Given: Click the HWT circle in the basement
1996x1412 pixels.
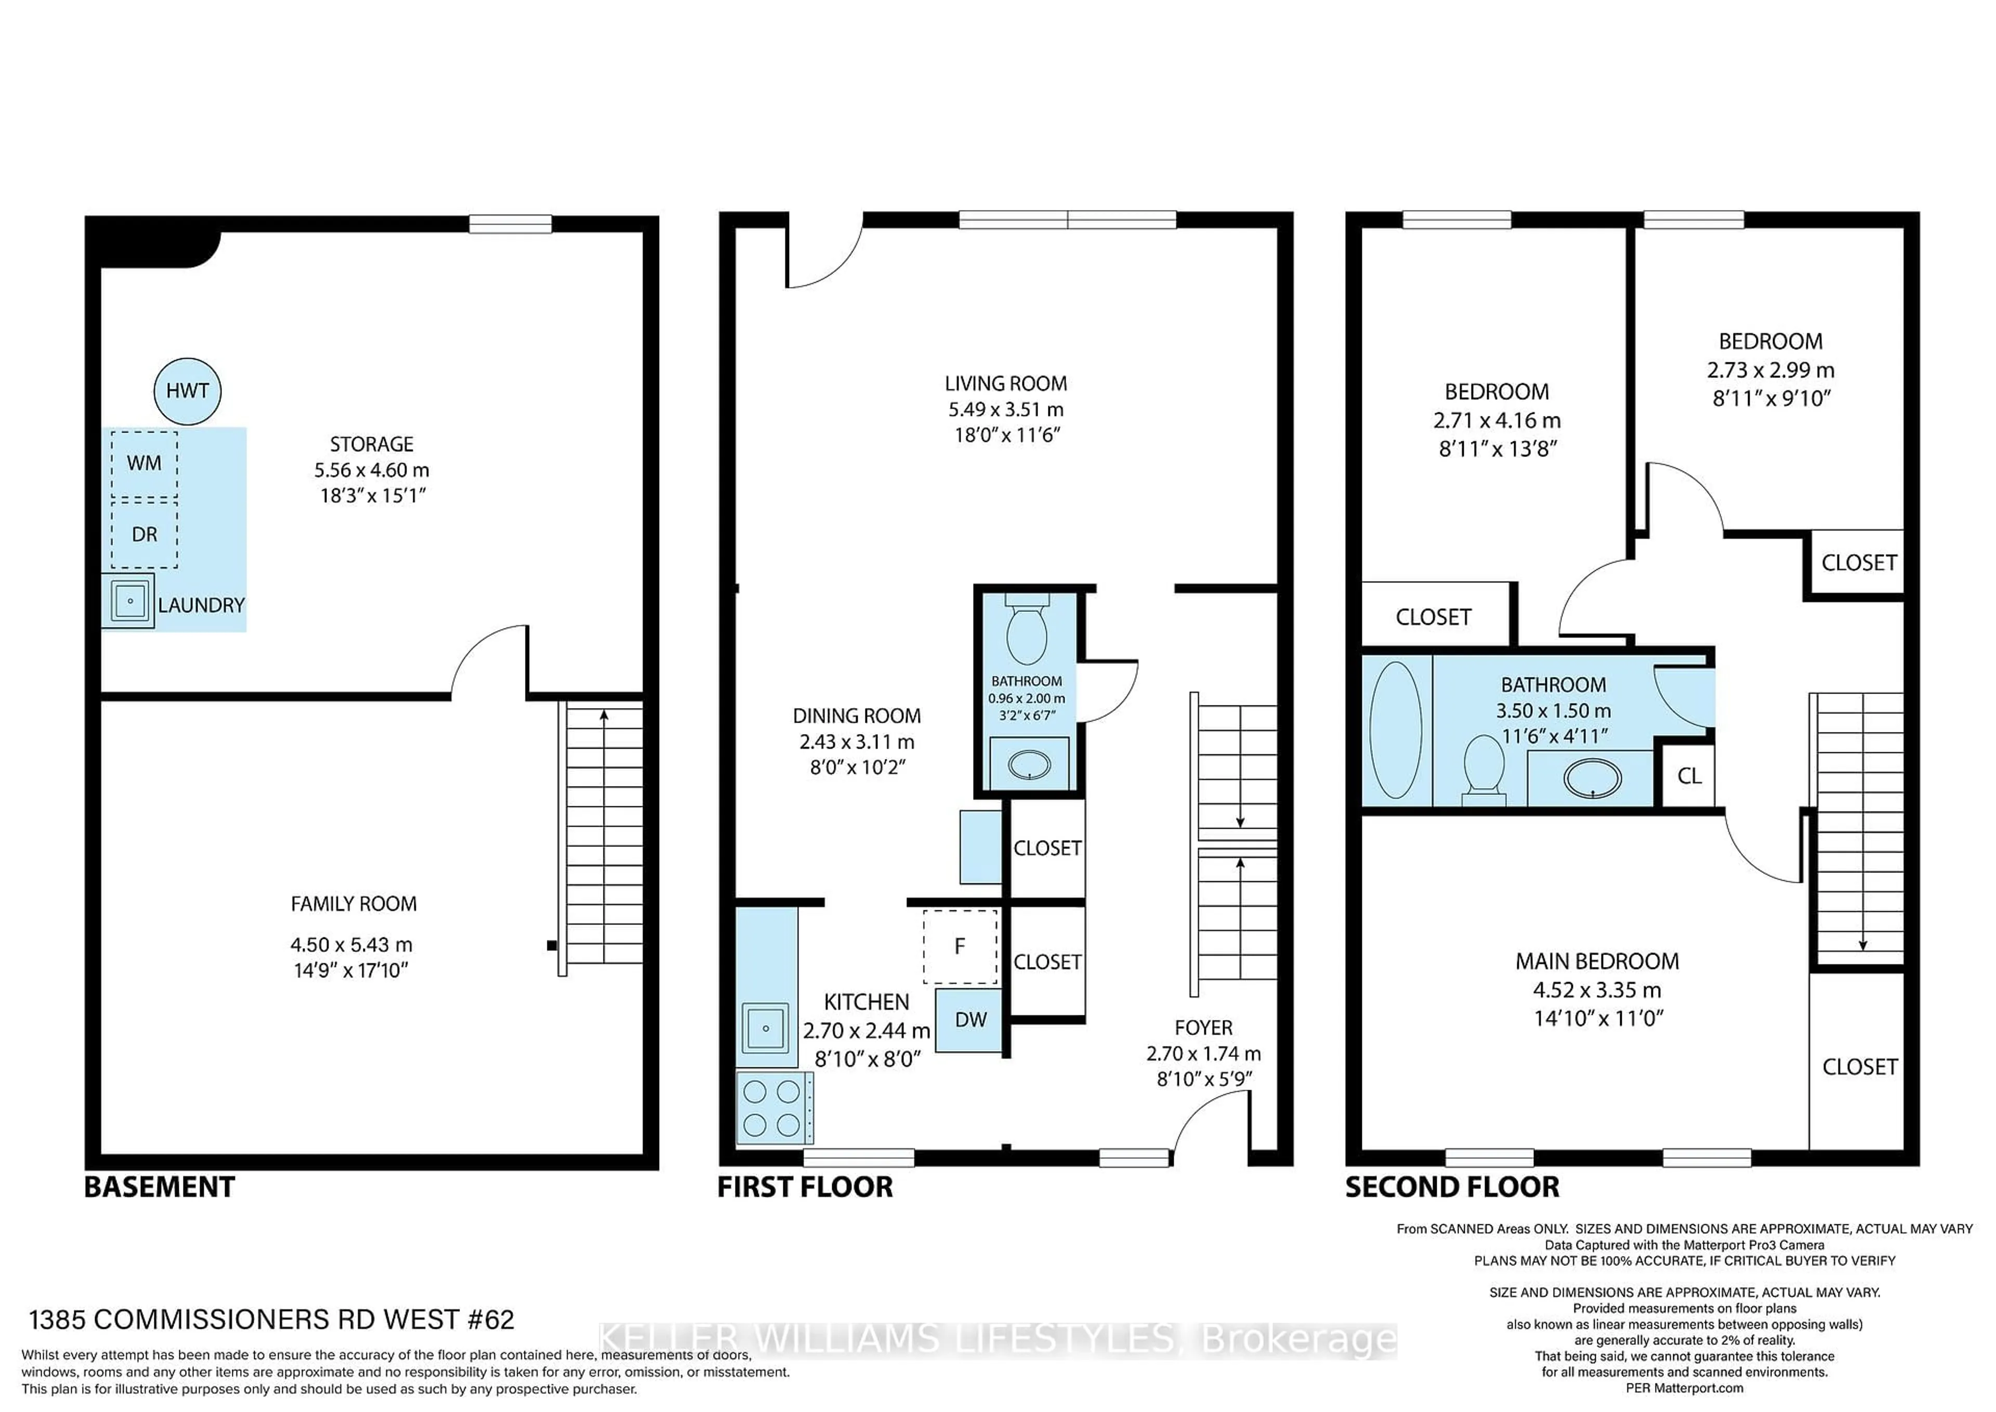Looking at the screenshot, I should pos(187,391).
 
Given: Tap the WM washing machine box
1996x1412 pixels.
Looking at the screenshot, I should pos(145,463).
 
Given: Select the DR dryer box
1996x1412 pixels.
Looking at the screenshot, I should pos(145,534).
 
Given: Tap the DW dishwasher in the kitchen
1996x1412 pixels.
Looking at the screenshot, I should pos(969,1020).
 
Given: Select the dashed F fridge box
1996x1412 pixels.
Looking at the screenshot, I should pos(960,947).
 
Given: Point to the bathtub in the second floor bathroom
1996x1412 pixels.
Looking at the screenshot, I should pos(1395,730).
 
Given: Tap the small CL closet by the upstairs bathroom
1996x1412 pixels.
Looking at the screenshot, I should pos(1688,776).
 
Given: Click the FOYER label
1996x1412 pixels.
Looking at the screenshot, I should pos(1203,1028).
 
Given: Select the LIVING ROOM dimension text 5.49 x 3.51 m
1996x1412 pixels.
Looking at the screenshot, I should pos(1006,410).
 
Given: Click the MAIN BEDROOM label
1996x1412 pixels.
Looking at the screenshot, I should pos(1597,962).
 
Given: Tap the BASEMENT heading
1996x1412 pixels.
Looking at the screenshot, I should pos(159,1188).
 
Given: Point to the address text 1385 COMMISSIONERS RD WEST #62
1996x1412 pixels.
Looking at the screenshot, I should pos(271,1320).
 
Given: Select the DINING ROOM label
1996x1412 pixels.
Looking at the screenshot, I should pos(856,716).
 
